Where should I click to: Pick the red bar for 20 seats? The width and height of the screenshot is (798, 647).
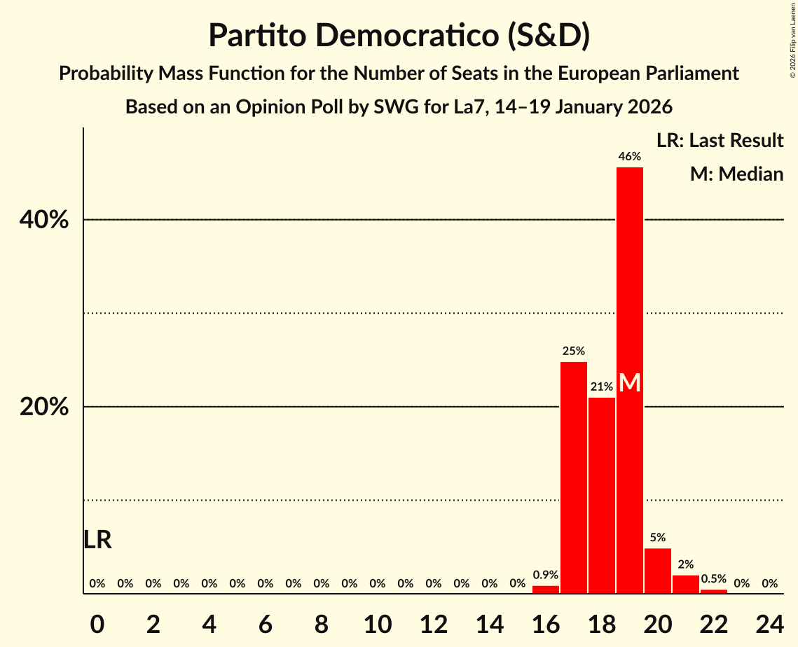coord(658,571)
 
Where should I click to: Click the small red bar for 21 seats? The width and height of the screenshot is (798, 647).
coord(686,585)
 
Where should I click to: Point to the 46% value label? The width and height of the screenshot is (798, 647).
coord(630,157)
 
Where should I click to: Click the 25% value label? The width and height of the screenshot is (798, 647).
coord(574,351)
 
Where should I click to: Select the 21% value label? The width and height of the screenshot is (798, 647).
coord(602,387)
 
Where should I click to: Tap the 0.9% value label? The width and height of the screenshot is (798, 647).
coord(546,575)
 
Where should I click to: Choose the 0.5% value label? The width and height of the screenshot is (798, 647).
coord(714,578)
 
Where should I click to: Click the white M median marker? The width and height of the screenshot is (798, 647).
coord(630,383)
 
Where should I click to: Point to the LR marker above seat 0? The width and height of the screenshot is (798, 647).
coord(97,540)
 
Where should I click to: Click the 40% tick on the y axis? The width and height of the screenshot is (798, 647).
coord(43,220)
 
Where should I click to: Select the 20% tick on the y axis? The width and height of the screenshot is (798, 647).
coord(43,407)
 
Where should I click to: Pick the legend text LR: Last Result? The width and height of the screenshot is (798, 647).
coord(720,141)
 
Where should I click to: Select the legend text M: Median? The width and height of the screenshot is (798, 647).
coord(736,174)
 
